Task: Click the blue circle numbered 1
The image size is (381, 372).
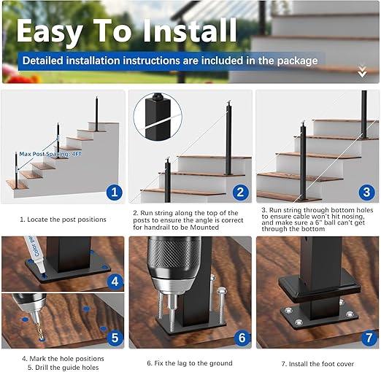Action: click(112, 193)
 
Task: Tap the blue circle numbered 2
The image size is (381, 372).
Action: click(240, 193)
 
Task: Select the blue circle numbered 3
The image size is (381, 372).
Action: click(367, 193)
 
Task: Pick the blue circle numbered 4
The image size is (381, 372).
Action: click(114, 281)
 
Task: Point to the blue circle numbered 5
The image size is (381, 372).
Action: click(114, 338)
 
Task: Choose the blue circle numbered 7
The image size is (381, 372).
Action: click(369, 338)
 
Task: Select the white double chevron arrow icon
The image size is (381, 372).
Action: click(362, 71)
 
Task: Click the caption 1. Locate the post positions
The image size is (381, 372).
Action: click(63, 219)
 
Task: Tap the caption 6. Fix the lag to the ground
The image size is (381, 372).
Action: click(189, 363)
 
